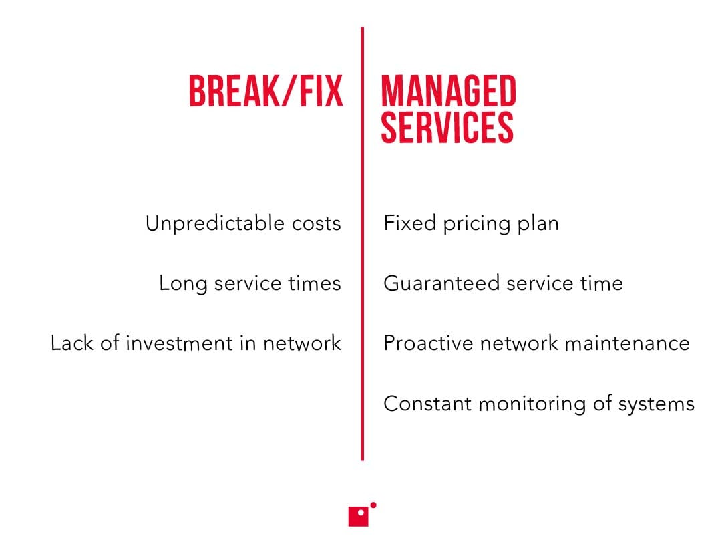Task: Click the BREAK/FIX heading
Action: pyautogui.click(x=266, y=92)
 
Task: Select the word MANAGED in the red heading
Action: pyautogui.click(x=448, y=92)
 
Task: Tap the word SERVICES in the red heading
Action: pyautogui.click(x=447, y=127)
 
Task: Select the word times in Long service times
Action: pyautogui.click(x=316, y=283)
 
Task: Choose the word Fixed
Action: pyautogui.click(x=410, y=223)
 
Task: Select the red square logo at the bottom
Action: pyautogui.click(x=359, y=516)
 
